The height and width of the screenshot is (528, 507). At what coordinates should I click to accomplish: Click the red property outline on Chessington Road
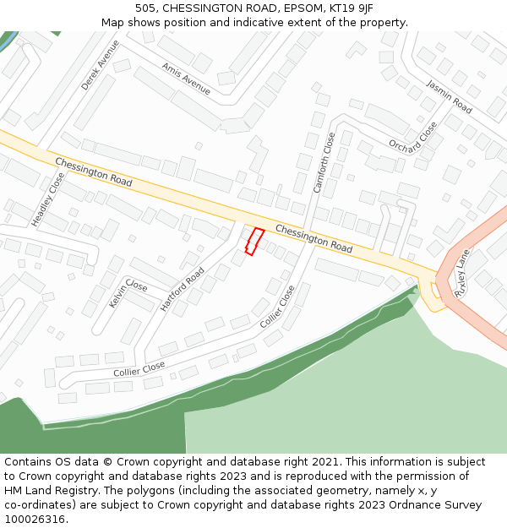pyautogui.click(x=254, y=241)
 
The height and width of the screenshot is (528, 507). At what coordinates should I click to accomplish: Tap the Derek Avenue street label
pyautogui.click(x=101, y=65)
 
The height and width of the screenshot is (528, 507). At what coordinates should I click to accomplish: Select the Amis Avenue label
pyautogui.click(x=186, y=79)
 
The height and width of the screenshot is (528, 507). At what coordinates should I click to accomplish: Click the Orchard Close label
pyautogui.click(x=413, y=136)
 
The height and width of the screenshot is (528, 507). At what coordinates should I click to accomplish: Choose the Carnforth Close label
pyautogui.click(x=324, y=163)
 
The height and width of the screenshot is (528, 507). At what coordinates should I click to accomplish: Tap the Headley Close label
pyautogui.click(x=48, y=199)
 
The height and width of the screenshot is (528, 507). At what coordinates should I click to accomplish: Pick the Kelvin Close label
pyautogui.click(x=128, y=292)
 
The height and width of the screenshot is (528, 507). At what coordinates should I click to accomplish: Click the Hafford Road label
pyautogui.click(x=183, y=290)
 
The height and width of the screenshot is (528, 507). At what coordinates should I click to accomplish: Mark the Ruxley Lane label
pyautogui.click(x=462, y=271)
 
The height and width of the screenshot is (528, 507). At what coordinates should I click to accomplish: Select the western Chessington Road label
pyautogui.click(x=94, y=171)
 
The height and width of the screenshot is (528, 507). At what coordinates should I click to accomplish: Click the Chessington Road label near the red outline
pyautogui.click(x=313, y=239)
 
